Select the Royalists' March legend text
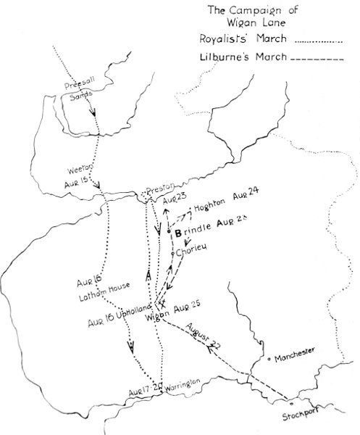tap(243, 43)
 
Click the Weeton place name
tap(80, 170)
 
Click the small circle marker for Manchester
tap(269, 357)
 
